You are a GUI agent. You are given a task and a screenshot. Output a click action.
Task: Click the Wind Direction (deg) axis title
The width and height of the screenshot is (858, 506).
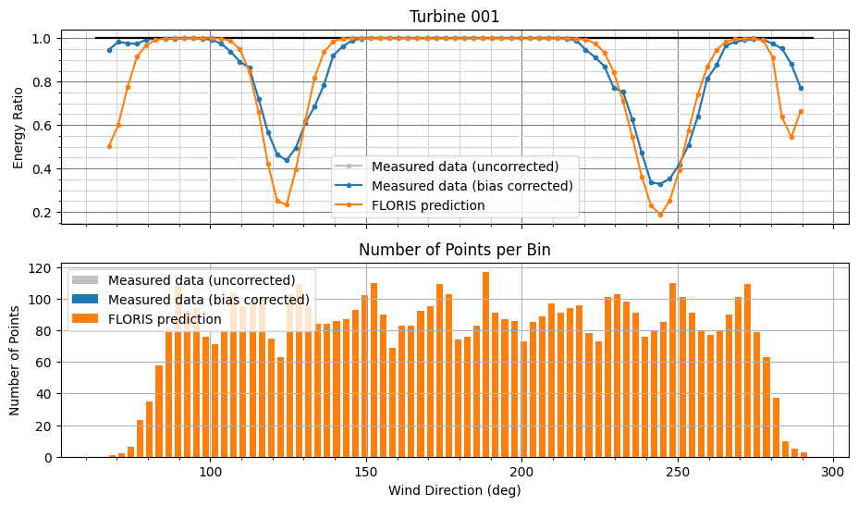454,490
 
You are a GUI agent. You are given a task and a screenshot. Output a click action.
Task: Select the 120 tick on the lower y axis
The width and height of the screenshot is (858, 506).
39,268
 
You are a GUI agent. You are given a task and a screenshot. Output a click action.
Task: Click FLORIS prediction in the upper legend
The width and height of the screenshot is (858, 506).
427,205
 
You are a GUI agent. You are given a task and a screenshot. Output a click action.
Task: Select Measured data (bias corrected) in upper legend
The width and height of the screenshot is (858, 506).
472,186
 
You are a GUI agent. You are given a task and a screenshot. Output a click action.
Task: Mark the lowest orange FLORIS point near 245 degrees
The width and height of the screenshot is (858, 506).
660,215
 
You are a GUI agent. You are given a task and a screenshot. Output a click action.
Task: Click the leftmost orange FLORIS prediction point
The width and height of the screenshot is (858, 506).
109,146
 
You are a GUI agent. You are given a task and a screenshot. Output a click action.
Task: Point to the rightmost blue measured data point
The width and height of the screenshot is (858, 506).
801,88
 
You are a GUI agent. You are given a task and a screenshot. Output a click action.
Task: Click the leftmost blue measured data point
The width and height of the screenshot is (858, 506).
109,50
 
